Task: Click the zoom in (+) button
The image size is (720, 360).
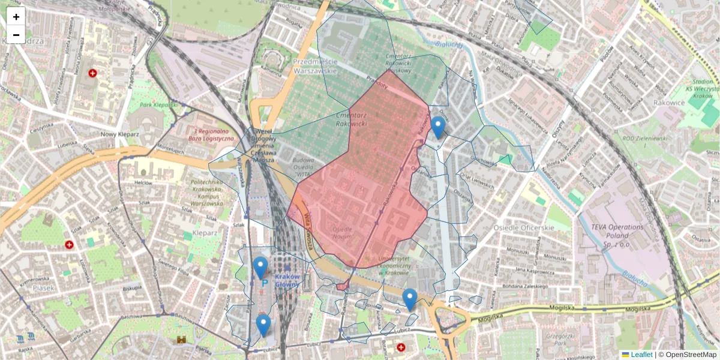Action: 16,17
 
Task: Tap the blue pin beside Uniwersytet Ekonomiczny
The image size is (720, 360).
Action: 410,299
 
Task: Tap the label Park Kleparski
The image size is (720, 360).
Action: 160,104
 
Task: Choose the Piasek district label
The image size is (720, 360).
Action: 43,288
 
